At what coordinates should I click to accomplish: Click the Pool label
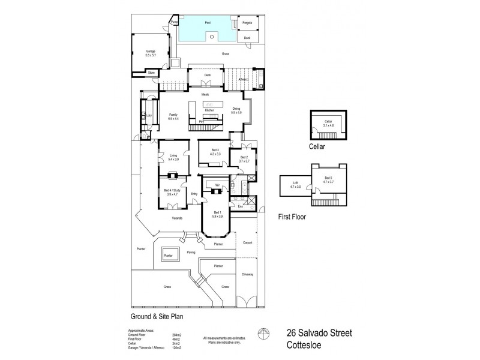(208, 23)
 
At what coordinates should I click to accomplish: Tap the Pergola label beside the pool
(247, 23)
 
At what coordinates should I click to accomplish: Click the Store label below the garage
(151, 73)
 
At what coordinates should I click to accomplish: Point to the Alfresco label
(244, 79)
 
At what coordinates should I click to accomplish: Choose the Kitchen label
(209, 110)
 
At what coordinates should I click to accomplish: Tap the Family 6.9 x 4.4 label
(173, 115)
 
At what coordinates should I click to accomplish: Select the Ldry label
(148, 113)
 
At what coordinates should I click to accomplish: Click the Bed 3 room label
(215, 152)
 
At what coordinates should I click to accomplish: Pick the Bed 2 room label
(243, 159)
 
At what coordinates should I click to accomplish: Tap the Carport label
(247, 243)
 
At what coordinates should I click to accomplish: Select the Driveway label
(247, 274)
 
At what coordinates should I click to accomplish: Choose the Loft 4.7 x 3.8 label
(295, 184)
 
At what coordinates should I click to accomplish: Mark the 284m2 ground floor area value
(176, 335)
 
